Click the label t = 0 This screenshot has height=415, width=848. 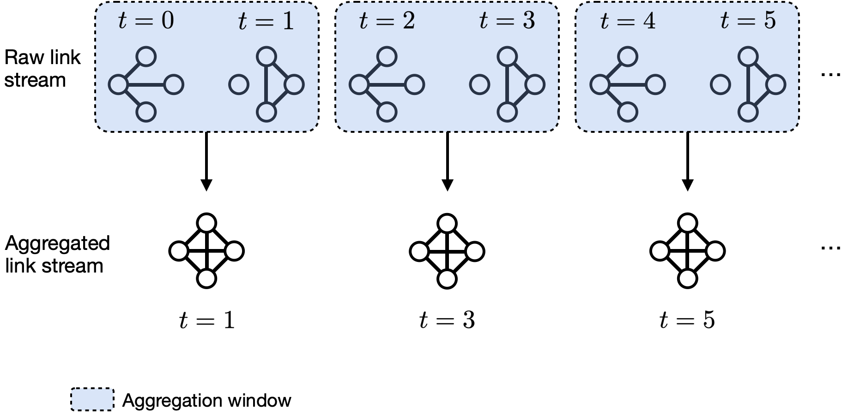tap(146, 21)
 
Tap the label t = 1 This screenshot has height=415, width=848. tap(266, 21)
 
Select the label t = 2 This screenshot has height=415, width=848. tap(387, 21)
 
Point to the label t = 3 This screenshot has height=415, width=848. tap(507, 21)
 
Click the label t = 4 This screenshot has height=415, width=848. tap(628, 21)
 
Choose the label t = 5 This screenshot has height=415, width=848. tap(748, 21)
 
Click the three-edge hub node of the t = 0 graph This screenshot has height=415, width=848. tap(118, 85)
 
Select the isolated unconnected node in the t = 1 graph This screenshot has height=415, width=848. tap(239, 85)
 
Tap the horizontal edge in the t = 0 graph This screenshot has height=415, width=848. tap(146, 85)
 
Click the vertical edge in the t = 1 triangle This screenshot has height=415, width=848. tap(266, 85)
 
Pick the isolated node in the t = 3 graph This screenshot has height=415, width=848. tap(479, 85)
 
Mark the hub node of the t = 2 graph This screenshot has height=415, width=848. tap(359, 85)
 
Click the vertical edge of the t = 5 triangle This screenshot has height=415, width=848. tap(748, 85)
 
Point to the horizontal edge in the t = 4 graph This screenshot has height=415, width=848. tap(628, 85)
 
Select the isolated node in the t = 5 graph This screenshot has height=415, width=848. tap(721, 85)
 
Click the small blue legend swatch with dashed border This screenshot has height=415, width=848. tap(92, 399)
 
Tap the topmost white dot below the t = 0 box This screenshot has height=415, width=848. tap(206, 223)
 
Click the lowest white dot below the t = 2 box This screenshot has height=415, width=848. tap(447, 279)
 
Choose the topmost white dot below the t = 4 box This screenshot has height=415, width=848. tap(688, 223)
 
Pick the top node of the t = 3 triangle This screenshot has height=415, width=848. tap(507, 57)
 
